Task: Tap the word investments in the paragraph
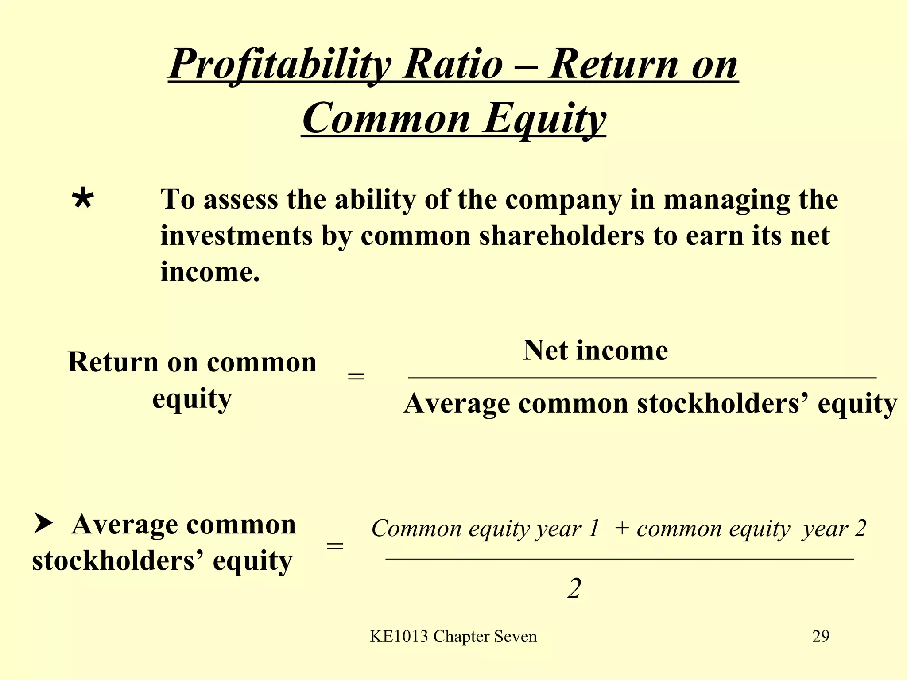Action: (237, 236)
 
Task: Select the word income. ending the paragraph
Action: (210, 271)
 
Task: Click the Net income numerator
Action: (595, 351)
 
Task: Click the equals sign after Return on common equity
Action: (356, 377)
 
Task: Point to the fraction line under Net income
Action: (642, 378)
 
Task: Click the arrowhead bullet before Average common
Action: (43, 524)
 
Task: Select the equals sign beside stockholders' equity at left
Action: (335, 546)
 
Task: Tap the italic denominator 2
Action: (574, 589)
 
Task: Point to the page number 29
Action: (821, 636)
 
